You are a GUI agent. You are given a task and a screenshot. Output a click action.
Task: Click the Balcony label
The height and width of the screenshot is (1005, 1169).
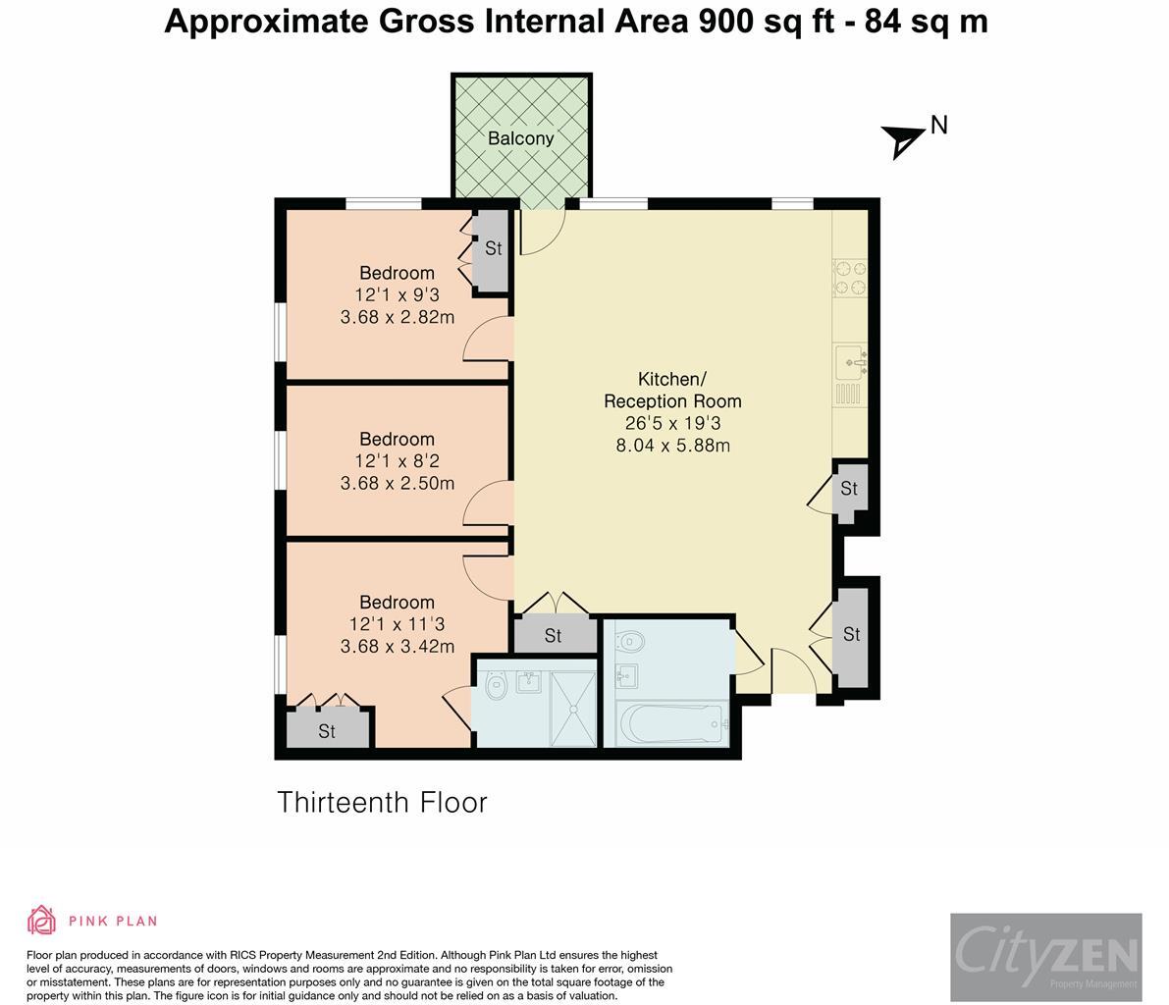click(x=520, y=138)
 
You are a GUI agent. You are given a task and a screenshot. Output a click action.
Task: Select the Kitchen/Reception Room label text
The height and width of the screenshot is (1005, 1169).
click(x=671, y=390)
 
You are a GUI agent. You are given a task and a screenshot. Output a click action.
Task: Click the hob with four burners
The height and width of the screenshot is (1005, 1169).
click(x=850, y=278)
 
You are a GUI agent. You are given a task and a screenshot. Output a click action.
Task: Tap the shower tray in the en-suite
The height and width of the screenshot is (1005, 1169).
click(x=572, y=708)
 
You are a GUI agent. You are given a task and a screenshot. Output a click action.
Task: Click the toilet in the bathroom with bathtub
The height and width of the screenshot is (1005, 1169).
click(x=631, y=641)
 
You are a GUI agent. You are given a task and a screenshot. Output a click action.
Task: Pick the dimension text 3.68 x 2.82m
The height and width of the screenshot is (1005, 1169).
click(x=398, y=318)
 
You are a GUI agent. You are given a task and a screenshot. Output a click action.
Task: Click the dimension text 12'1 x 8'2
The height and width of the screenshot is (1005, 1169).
click(x=398, y=461)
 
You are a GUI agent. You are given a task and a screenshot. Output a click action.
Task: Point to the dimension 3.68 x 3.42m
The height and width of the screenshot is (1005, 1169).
click(x=398, y=647)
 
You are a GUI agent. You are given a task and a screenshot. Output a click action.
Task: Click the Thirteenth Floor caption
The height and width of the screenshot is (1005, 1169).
click(x=382, y=803)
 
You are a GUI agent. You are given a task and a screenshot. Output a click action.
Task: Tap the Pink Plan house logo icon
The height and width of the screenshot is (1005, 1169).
click(x=41, y=920)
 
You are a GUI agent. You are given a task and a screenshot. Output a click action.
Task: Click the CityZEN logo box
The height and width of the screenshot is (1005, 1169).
click(x=1046, y=957)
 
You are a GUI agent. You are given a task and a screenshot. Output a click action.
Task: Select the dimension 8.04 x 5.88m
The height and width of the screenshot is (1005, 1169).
click(x=672, y=446)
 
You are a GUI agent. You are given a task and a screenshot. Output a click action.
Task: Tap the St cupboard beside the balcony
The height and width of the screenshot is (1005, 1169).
click(x=493, y=250)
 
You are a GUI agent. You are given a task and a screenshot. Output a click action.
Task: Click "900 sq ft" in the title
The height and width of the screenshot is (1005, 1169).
click(x=767, y=22)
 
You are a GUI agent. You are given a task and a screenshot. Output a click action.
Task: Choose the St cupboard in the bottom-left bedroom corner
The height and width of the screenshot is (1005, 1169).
click(x=328, y=727)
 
